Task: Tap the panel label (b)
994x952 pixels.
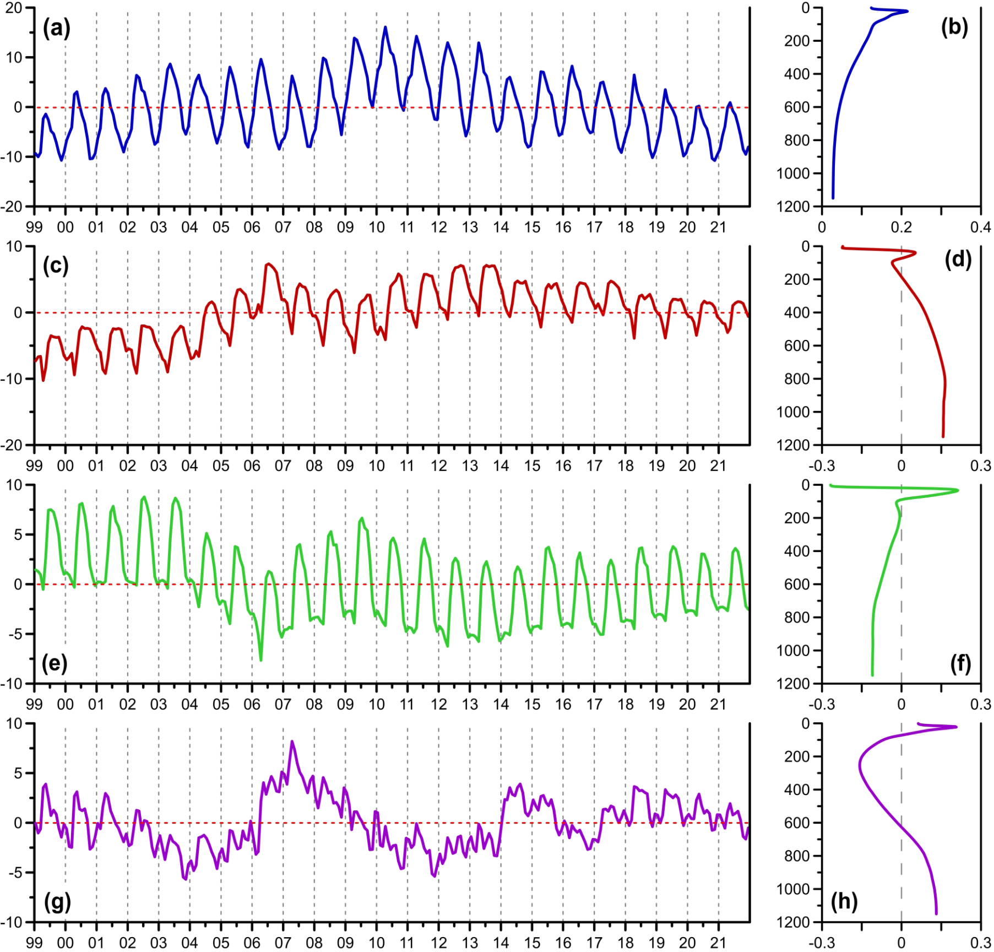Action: (x=954, y=28)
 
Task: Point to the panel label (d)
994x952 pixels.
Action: (x=958, y=259)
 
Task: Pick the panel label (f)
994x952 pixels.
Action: (x=961, y=664)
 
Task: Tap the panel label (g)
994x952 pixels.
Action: (x=57, y=902)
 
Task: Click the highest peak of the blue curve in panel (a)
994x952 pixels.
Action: (x=385, y=26)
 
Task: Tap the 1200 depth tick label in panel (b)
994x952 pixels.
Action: (x=793, y=207)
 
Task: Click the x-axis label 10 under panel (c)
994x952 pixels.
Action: (x=376, y=466)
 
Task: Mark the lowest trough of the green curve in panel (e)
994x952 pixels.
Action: (x=260, y=660)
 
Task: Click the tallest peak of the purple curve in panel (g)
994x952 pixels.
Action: (x=292, y=742)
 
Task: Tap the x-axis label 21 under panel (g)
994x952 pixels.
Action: (x=719, y=943)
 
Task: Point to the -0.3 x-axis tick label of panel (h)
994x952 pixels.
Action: (x=821, y=943)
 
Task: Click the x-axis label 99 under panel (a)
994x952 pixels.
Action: (x=34, y=227)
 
